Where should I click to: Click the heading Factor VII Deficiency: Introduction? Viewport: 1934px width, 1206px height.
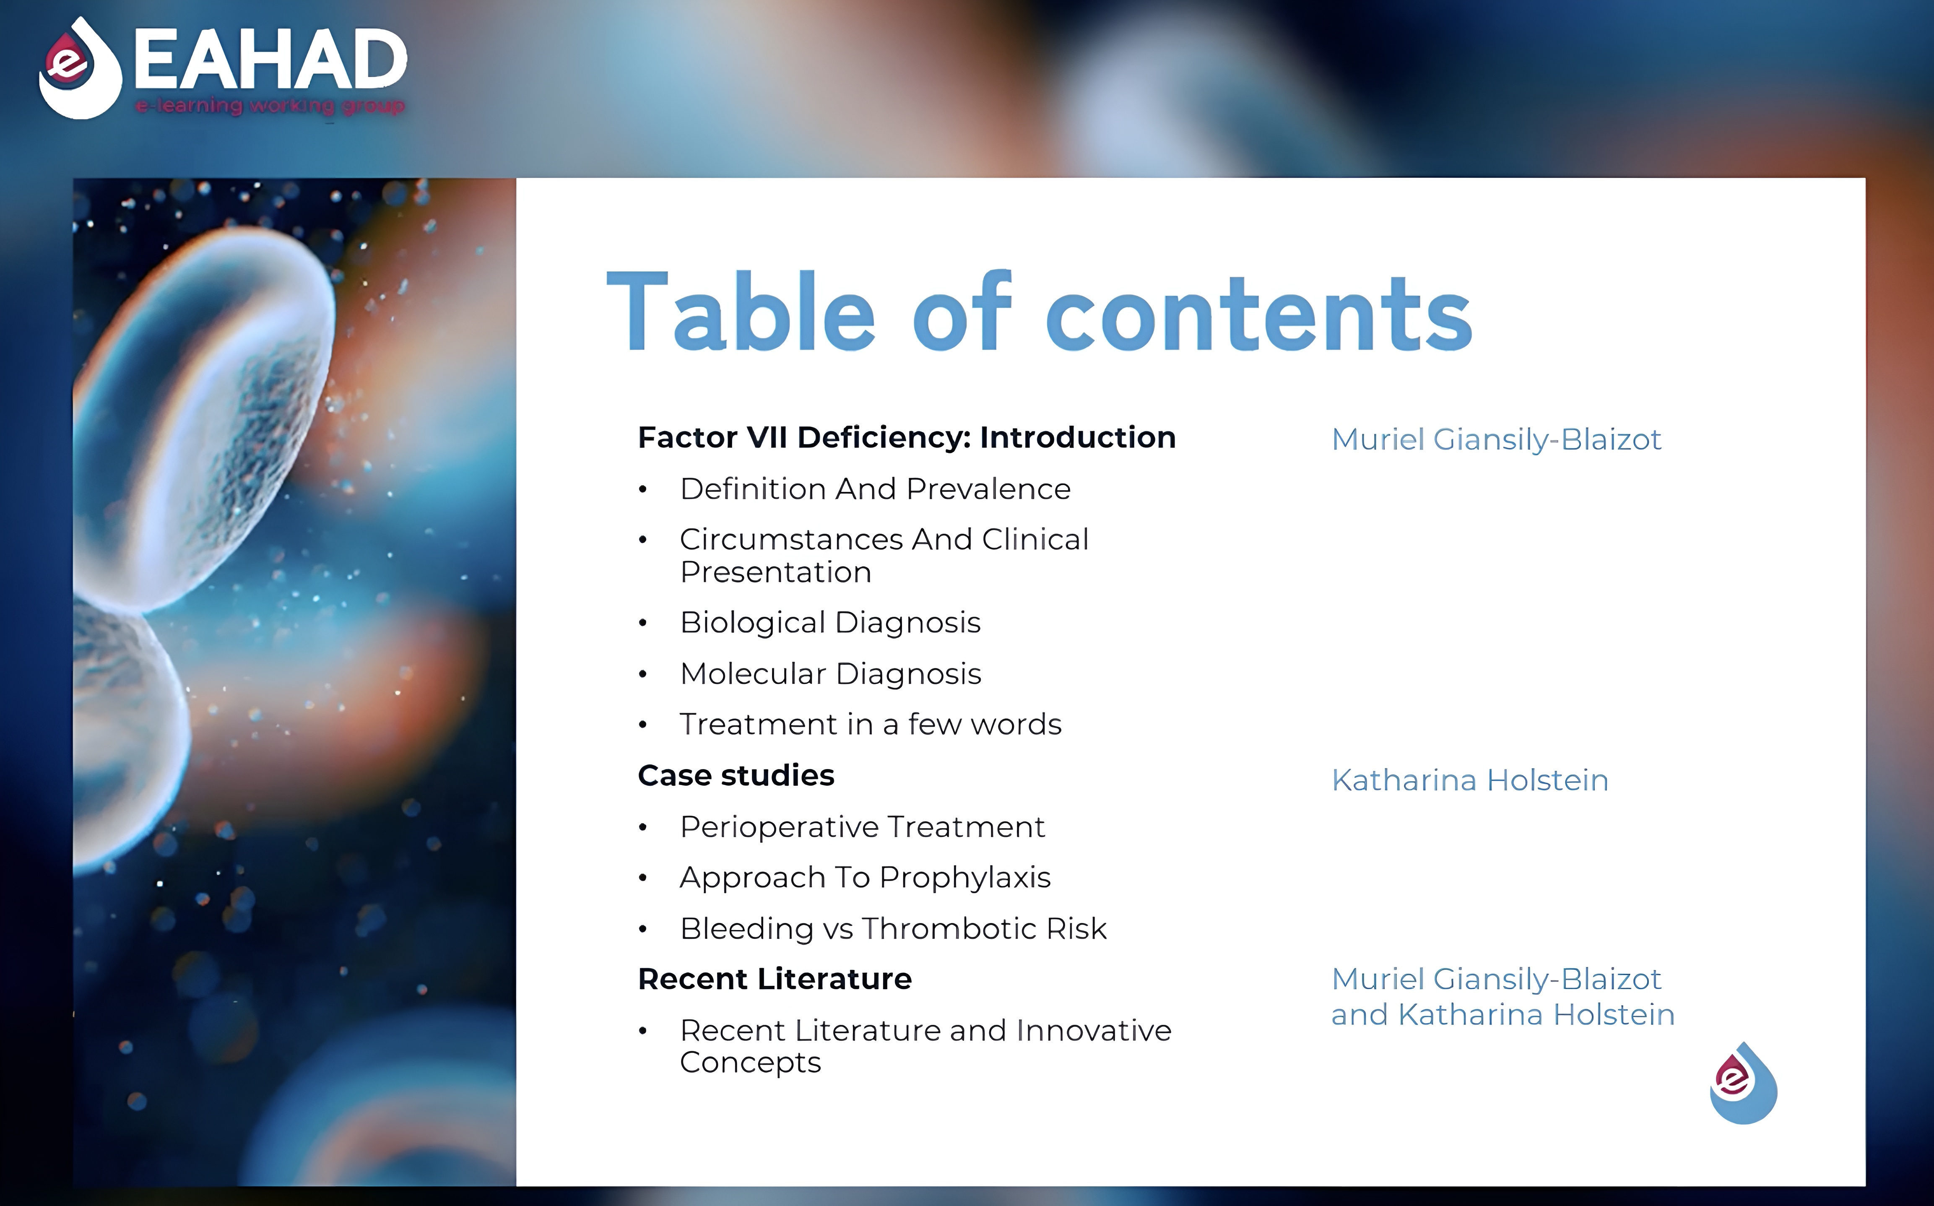[x=907, y=437]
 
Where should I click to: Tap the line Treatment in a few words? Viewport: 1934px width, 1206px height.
[x=870, y=724]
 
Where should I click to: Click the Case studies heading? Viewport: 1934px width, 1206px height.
[x=736, y=775]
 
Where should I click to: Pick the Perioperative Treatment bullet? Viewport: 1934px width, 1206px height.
[x=862, y=827]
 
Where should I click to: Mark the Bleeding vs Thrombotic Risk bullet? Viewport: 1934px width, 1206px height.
[x=893, y=928]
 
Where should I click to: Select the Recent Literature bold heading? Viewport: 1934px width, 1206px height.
[x=775, y=979]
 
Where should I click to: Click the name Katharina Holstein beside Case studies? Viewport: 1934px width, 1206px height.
[x=1470, y=780]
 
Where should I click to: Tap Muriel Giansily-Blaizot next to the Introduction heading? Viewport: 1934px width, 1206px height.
[x=1496, y=439]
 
